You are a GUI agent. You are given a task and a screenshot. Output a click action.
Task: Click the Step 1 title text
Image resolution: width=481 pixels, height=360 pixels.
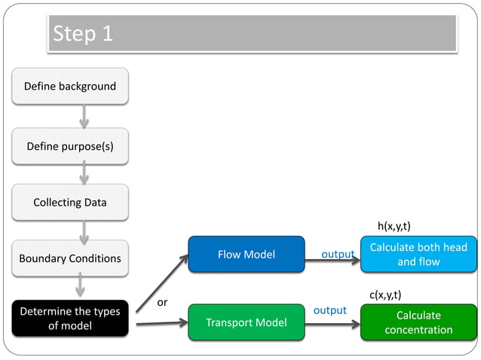point(82,34)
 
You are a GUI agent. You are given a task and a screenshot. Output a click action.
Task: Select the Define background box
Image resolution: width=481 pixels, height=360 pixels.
point(70,86)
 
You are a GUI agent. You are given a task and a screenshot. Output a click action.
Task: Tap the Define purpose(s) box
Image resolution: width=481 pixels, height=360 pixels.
point(70,145)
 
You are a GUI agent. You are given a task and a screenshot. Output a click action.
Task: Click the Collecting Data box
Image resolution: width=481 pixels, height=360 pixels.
point(70,202)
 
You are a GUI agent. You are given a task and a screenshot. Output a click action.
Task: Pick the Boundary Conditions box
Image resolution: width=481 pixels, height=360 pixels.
point(70,258)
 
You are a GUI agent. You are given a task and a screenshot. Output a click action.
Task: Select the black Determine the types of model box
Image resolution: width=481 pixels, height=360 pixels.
point(70,318)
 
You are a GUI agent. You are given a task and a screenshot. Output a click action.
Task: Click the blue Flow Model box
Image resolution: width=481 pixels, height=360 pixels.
point(246,255)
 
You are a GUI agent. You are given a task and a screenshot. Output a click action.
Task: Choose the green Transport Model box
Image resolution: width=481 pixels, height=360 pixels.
point(246,322)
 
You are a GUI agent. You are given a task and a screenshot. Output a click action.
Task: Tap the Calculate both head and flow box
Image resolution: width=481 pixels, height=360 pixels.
point(418,255)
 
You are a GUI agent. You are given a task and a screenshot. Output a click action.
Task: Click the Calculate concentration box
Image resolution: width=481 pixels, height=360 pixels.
point(418,322)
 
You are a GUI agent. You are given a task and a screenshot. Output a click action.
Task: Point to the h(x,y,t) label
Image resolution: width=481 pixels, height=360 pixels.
point(394,226)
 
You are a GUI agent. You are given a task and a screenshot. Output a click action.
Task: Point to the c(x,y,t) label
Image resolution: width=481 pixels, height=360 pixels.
point(384,294)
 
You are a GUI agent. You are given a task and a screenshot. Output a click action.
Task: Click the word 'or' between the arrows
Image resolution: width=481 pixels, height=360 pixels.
point(161,302)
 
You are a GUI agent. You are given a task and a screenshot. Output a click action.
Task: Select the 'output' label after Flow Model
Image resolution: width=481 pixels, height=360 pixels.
point(338,254)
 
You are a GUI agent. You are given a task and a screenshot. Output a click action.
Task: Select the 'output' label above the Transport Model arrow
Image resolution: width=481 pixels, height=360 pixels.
point(329,310)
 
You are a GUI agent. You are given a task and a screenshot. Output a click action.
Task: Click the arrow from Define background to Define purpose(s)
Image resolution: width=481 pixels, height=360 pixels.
point(84,115)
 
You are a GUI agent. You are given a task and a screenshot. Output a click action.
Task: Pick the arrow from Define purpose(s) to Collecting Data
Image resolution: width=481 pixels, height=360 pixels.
point(84,173)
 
